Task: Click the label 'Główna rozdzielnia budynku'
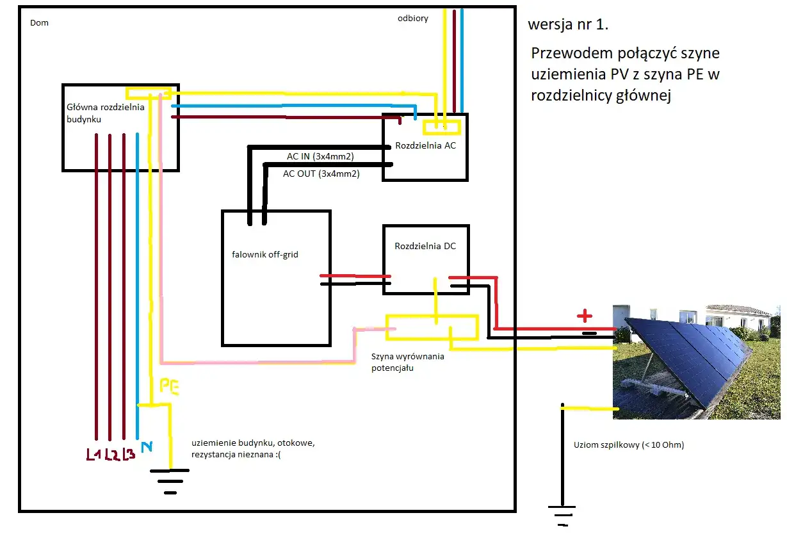[106, 113]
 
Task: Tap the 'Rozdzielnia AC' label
[425, 145]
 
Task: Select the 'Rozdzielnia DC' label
[425, 246]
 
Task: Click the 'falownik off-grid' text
[265, 254]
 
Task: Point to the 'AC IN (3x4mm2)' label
[320, 157]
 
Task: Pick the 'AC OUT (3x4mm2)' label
[321, 173]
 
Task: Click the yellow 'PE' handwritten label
[170, 386]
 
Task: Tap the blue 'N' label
[146, 446]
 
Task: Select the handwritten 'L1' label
[95, 455]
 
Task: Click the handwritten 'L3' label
[128, 455]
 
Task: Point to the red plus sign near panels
[583, 316]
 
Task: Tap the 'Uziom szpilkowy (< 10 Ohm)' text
[629, 444]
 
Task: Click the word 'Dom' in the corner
[39, 23]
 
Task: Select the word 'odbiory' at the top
[413, 19]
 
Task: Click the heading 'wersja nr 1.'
[568, 26]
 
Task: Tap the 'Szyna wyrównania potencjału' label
[407, 362]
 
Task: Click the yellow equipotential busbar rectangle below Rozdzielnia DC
[432, 327]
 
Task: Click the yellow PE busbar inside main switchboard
[148, 93]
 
